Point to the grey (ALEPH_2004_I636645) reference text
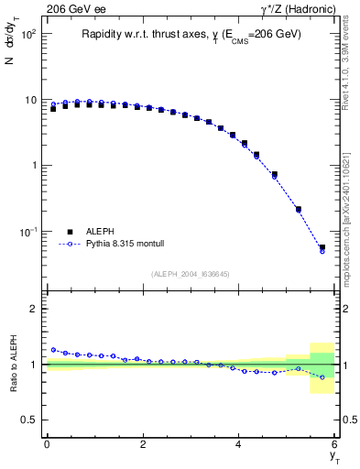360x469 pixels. point(191,273)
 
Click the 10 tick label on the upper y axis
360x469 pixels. point(30,100)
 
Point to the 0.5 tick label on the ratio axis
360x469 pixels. point(30,420)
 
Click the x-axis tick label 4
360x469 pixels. point(239,444)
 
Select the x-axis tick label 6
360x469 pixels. point(334,444)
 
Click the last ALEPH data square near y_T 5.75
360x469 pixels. point(322,247)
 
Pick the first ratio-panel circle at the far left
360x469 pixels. point(53,350)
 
